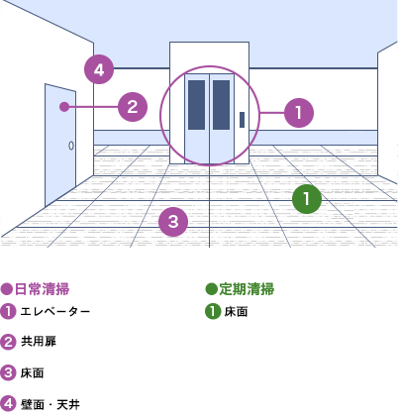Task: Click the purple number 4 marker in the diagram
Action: (99, 69)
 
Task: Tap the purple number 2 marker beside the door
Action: (133, 107)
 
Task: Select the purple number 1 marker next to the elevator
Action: (299, 113)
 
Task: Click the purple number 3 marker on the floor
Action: (173, 222)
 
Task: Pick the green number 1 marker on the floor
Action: (307, 198)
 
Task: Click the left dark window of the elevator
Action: (196, 105)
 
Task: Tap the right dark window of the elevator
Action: (221, 105)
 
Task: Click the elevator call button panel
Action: (243, 120)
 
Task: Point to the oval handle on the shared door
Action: (71, 146)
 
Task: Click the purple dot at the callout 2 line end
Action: (64, 107)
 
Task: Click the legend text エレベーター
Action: (55, 312)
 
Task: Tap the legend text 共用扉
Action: (39, 342)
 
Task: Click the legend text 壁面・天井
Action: (50, 404)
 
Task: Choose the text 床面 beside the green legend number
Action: (236, 312)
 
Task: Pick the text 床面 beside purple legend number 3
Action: (32, 373)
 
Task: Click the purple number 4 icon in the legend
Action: (8, 404)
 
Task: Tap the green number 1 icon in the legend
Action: (213, 312)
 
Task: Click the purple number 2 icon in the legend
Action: (8, 342)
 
